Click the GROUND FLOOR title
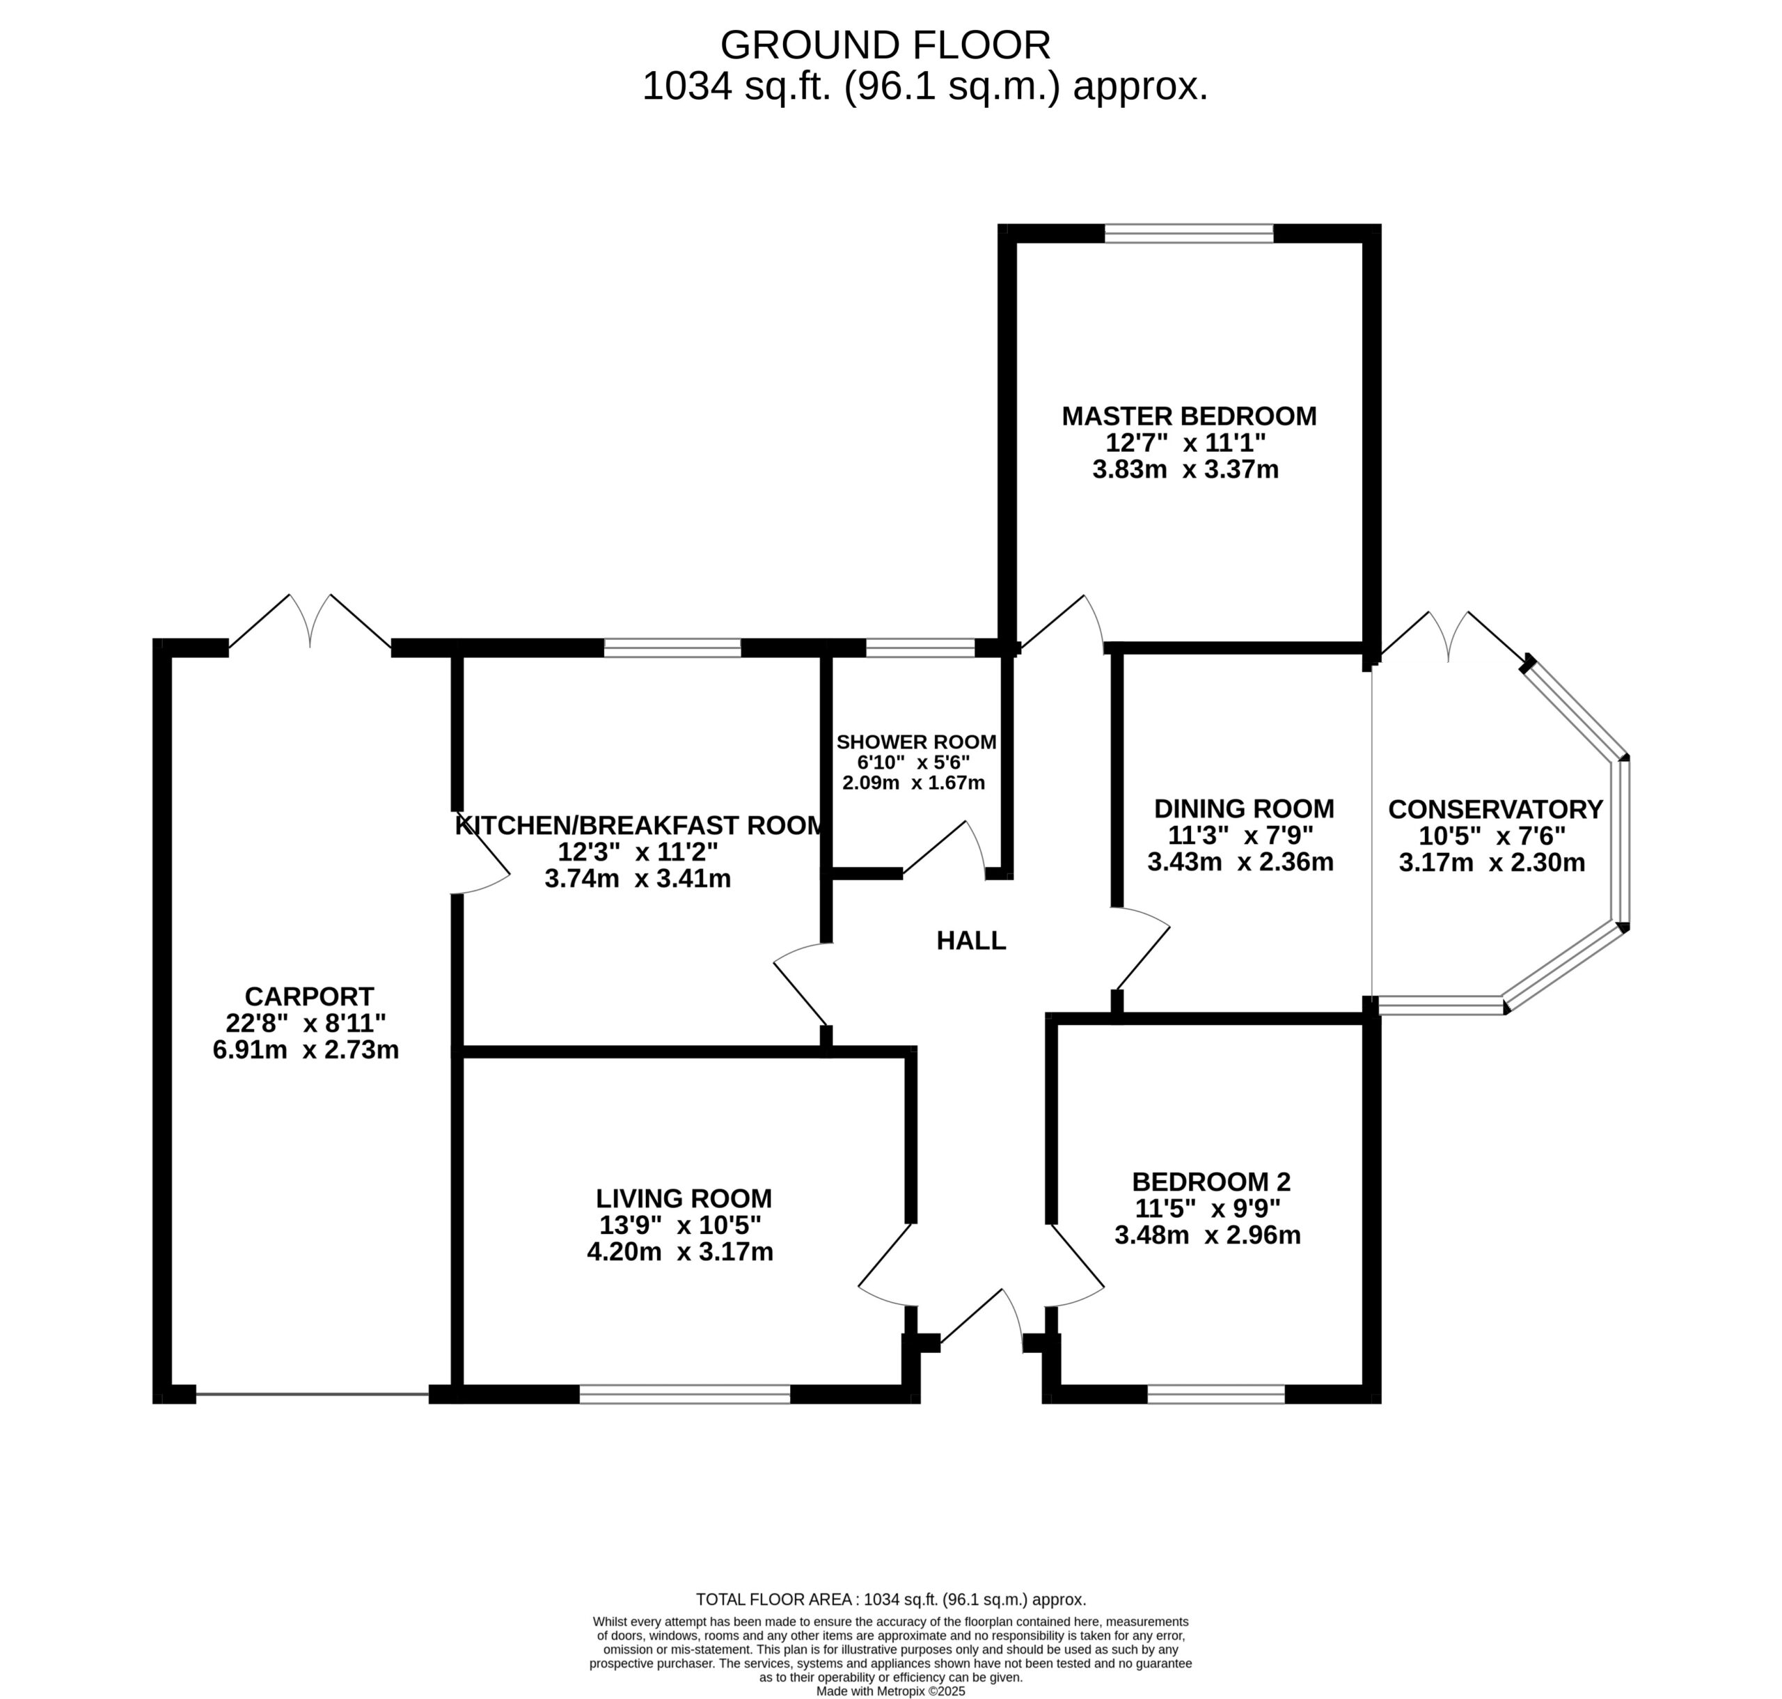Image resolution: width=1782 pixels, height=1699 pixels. point(885,45)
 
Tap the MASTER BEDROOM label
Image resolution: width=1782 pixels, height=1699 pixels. point(1189,416)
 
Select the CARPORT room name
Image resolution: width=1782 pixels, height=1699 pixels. point(309,996)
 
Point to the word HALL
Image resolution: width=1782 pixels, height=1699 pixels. point(970,940)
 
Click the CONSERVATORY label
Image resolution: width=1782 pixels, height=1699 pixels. point(1495,808)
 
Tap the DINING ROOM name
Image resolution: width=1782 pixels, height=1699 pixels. point(1243,808)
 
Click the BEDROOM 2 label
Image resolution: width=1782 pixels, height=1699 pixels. point(1211,1181)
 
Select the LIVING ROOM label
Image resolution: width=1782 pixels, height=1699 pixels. point(684,1198)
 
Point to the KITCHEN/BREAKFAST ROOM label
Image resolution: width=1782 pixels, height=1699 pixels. point(639,825)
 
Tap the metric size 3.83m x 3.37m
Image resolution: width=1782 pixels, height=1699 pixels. point(1185,469)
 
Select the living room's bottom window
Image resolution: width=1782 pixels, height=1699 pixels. point(684,1394)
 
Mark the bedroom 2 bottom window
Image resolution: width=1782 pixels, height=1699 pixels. point(1216,1394)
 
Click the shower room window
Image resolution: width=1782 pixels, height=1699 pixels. point(920,648)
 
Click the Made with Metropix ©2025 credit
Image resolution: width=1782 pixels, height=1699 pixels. point(891,1691)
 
